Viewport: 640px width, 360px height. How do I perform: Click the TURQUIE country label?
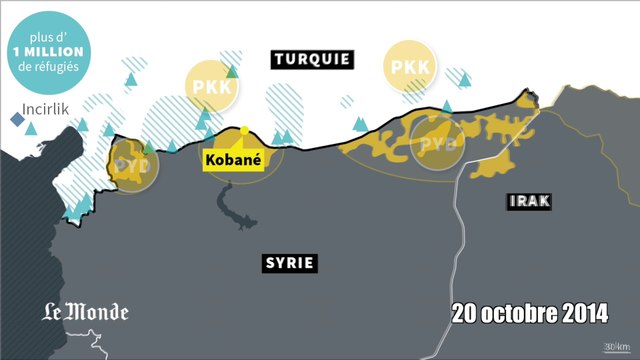[x=313, y=60]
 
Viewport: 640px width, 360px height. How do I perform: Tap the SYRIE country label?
[x=290, y=263]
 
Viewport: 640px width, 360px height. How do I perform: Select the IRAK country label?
[x=531, y=202]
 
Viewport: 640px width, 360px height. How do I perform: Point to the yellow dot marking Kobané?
[x=244, y=130]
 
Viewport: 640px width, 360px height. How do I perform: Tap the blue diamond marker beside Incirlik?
[x=16, y=120]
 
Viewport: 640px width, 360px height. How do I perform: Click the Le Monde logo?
[x=85, y=312]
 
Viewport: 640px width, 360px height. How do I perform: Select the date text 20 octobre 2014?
[x=529, y=312]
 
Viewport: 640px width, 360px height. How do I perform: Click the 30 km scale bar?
[x=613, y=348]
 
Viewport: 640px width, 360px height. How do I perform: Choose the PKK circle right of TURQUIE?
[x=410, y=67]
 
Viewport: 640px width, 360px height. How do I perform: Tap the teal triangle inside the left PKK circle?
[x=232, y=71]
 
